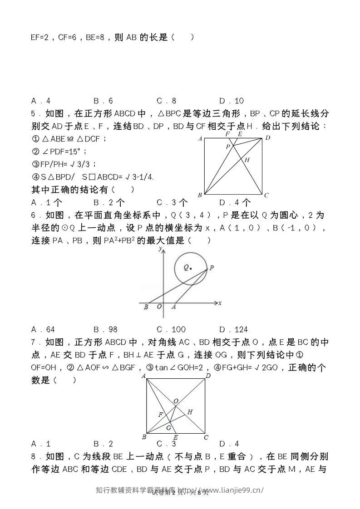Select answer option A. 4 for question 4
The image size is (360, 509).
click(x=41, y=101)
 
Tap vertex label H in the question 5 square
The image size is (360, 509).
click(x=247, y=160)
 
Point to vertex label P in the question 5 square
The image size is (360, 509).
click(x=228, y=147)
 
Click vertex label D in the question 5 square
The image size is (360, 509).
click(x=268, y=137)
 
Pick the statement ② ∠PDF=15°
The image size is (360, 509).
click(x=59, y=151)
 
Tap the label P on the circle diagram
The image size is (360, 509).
click(x=212, y=268)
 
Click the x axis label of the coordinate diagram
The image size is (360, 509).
click(x=220, y=303)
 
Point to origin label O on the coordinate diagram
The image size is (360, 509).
click(x=159, y=307)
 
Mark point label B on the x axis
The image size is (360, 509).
click(x=146, y=307)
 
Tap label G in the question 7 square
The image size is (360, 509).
click(x=168, y=428)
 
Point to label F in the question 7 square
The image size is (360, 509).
click(x=160, y=415)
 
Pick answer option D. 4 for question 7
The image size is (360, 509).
click(x=229, y=444)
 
